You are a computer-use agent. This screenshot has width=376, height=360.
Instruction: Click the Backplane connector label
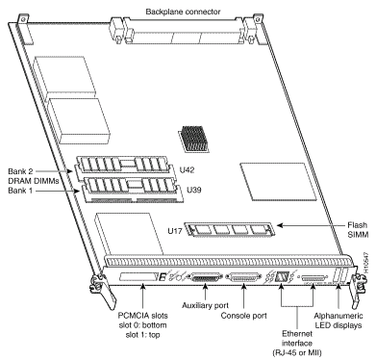point(183,12)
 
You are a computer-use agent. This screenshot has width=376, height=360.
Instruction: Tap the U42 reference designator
point(187,170)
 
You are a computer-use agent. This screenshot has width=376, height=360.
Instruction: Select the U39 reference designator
point(194,190)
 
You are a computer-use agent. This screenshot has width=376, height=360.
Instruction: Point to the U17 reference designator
point(175,231)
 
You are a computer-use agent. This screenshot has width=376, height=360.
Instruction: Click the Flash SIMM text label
point(358,230)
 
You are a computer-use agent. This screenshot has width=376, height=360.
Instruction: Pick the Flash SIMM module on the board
point(230,229)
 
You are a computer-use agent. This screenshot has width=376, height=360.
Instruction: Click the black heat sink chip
point(194,139)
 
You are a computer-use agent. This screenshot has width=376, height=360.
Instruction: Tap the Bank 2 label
point(20,171)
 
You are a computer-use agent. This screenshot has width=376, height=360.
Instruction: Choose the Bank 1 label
point(20,191)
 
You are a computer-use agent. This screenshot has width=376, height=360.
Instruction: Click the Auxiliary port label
point(205,305)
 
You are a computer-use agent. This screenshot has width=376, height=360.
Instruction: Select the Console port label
point(243,316)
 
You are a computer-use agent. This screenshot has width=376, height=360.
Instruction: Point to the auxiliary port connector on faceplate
point(206,277)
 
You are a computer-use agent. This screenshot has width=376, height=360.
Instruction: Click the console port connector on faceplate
point(243,277)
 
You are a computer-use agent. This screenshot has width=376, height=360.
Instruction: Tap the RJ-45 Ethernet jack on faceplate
point(282,277)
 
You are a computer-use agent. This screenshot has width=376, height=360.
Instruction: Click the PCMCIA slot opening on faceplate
point(139,276)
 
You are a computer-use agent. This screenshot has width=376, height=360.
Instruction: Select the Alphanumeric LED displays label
point(338,321)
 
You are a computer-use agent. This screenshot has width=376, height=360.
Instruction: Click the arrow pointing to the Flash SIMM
point(311,225)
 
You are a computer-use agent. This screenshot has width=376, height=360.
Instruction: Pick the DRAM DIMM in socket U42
point(123,164)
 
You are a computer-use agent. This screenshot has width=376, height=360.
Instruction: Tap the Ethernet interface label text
point(297,339)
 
